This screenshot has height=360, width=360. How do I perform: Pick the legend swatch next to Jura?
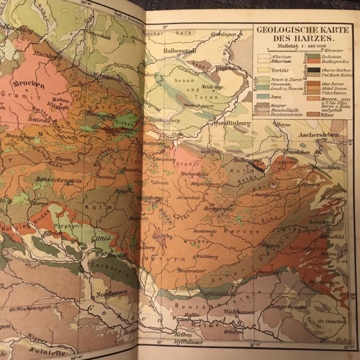(263, 96)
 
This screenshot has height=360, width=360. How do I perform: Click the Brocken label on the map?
(29, 84)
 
